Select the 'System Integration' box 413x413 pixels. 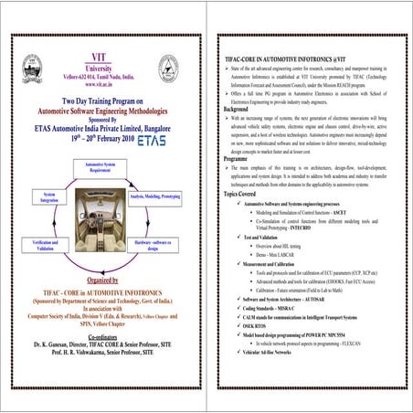tap(46, 197)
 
